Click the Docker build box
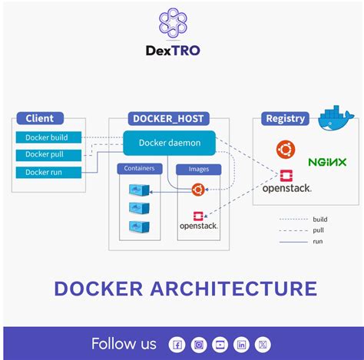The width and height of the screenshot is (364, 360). (x=47, y=137)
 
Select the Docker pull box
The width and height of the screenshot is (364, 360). (x=47, y=154)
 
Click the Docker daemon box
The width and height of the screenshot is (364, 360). (x=169, y=143)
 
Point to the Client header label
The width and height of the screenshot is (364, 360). (x=40, y=118)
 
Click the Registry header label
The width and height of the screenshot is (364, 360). (x=285, y=118)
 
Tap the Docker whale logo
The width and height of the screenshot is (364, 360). (x=334, y=116)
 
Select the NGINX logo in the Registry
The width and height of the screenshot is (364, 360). (x=327, y=162)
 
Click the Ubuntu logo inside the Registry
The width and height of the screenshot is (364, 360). (x=286, y=149)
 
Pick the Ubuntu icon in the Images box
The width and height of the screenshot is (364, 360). (x=197, y=189)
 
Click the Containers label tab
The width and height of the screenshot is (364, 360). (x=139, y=168)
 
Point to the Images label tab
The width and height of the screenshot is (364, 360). (x=198, y=169)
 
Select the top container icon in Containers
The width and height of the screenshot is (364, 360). (x=139, y=189)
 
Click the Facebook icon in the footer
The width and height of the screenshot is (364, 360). (x=177, y=345)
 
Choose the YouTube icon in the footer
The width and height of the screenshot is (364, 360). (x=220, y=345)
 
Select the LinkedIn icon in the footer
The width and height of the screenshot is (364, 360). (x=241, y=345)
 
